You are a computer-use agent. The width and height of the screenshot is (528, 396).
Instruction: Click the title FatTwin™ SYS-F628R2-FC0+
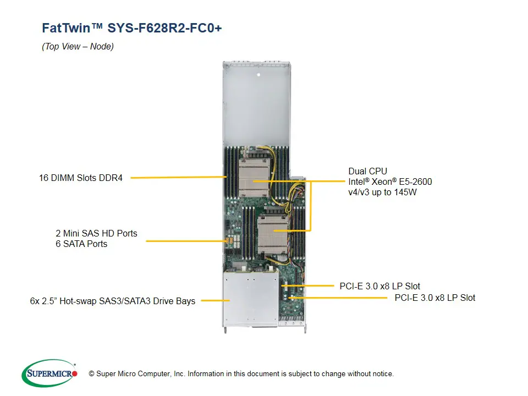tap(132, 28)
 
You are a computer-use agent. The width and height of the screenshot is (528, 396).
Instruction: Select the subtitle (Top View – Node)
tap(78, 47)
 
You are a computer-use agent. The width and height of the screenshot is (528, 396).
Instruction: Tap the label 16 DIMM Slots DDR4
tap(81, 178)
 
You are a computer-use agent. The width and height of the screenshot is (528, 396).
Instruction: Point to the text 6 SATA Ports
tap(81, 244)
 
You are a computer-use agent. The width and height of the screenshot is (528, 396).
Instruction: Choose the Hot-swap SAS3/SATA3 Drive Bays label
tap(112, 301)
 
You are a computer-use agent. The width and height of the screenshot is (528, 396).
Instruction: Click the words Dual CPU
tap(369, 171)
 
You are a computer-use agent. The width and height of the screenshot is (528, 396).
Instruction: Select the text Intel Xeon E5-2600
tap(390, 182)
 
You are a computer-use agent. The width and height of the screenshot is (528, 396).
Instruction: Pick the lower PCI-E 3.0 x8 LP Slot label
tap(435, 298)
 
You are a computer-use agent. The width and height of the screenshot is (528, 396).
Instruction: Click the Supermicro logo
tap(50, 373)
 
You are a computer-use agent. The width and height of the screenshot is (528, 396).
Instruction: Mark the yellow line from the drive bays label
tap(215, 300)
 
